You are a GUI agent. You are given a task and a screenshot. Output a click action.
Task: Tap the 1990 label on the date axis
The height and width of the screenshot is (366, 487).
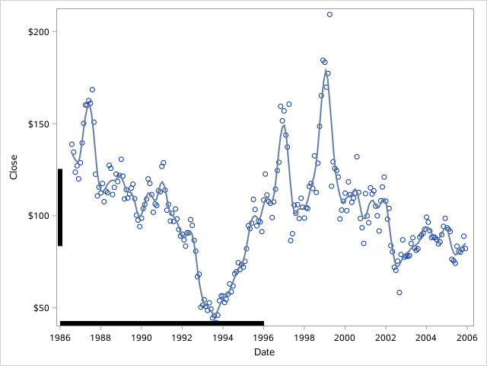pyautogui.click(x=142, y=337)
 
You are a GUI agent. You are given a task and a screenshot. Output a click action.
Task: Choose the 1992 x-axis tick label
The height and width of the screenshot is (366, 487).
pyautogui.click(x=182, y=337)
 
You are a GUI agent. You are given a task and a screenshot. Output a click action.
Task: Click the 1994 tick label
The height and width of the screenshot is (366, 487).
pyautogui.click(x=223, y=337)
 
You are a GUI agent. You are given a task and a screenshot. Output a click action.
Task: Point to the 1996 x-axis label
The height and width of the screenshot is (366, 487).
pyautogui.click(x=263, y=337)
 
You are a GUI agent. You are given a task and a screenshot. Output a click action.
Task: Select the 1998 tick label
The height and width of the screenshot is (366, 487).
pyautogui.click(x=304, y=337)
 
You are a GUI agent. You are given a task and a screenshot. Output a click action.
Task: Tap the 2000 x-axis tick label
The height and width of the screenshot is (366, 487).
pyautogui.click(x=345, y=337)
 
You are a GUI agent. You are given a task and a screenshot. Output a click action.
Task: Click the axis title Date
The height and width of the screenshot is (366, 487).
pyautogui.click(x=263, y=352)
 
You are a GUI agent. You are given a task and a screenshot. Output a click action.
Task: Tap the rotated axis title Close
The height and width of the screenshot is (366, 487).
pyautogui.click(x=13, y=168)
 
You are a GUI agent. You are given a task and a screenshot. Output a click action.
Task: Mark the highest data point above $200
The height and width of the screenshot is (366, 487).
pyautogui.click(x=329, y=14)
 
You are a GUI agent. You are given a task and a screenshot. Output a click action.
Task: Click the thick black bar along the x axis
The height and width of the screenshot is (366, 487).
pyautogui.click(x=161, y=323)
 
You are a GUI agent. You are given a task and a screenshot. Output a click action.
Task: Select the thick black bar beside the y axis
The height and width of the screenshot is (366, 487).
pyautogui.click(x=60, y=207)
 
